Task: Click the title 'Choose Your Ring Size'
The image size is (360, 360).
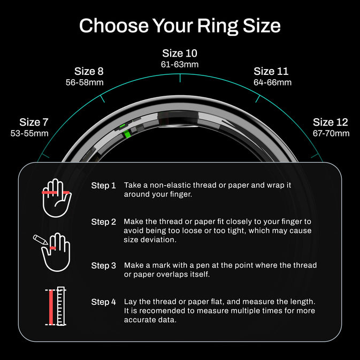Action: [180, 26]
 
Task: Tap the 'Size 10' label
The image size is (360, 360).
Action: [180, 53]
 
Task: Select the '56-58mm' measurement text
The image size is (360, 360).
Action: [85, 82]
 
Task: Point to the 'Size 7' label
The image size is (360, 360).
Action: [34, 122]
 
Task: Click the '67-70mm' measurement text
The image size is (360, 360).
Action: [331, 133]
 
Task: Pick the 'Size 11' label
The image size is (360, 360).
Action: [271, 71]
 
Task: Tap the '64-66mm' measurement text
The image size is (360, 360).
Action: [272, 82]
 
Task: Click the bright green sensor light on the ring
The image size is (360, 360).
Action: [126, 134]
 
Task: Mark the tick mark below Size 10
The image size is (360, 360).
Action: [180, 78]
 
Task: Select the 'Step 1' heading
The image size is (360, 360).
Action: [103, 186]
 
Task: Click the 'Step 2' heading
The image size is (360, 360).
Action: [104, 222]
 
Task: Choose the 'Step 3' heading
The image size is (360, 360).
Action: [104, 266]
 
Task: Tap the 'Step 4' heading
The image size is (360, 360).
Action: [104, 302]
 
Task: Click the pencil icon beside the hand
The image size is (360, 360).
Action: [41, 240]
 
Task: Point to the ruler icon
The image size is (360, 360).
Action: [61, 306]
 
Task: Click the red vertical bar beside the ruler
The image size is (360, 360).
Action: [51, 307]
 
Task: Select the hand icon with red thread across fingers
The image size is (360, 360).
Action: [57, 198]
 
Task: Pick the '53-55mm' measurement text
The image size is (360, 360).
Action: [29, 133]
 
